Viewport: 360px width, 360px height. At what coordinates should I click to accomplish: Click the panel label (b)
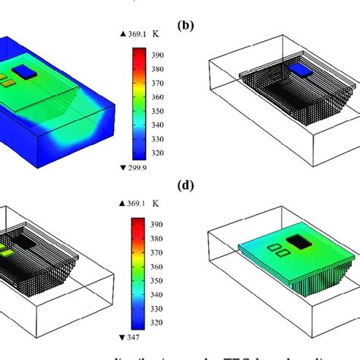[x=185, y=25]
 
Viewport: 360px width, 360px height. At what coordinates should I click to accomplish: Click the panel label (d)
[x=185, y=183]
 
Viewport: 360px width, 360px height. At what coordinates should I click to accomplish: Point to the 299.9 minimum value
[x=137, y=167]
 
